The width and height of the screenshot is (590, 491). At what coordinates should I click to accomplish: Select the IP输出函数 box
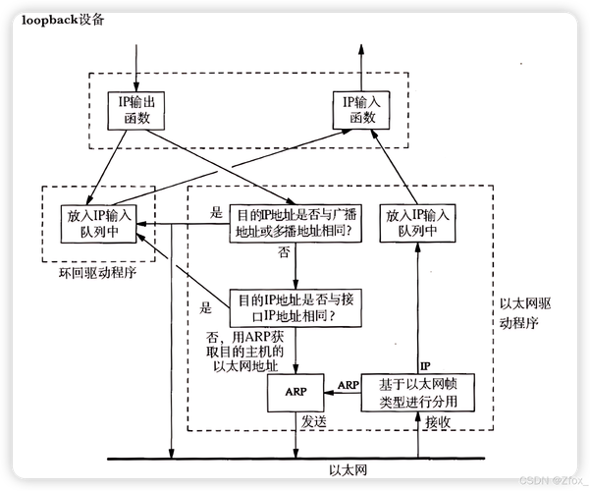tap(135, 109)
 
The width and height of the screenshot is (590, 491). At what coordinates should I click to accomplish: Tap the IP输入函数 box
tap(361, 109)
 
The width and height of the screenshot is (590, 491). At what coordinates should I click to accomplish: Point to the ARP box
tap(296, 391)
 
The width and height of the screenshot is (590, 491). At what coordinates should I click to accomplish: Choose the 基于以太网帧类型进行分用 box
tap(418, 391)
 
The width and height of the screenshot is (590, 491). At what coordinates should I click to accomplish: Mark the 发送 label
tap(314, 421)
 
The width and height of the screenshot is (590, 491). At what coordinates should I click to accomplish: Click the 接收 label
tap(438, 421)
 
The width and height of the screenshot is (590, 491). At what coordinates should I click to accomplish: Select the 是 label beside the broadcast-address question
tap(217, 211)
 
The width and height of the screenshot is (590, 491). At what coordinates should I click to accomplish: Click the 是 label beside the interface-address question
tap(206, 307)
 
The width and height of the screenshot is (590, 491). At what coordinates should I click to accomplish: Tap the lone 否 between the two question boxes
tap(285, 252)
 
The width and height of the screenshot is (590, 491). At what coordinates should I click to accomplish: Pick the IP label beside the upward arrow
tap(426, 364)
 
